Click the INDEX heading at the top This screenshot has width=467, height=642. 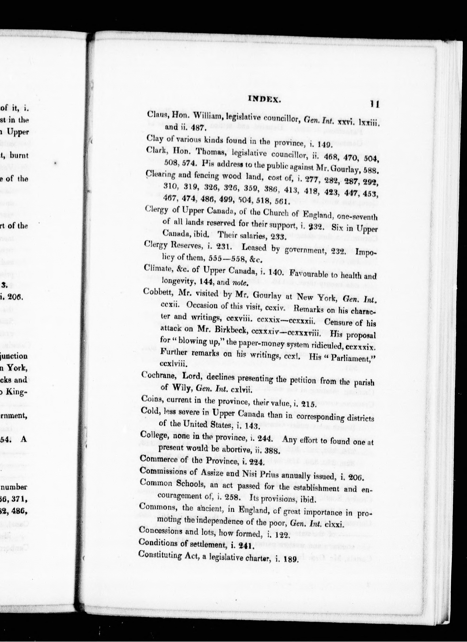[x=264, y=99]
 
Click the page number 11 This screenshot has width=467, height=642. [x=374, y=104]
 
